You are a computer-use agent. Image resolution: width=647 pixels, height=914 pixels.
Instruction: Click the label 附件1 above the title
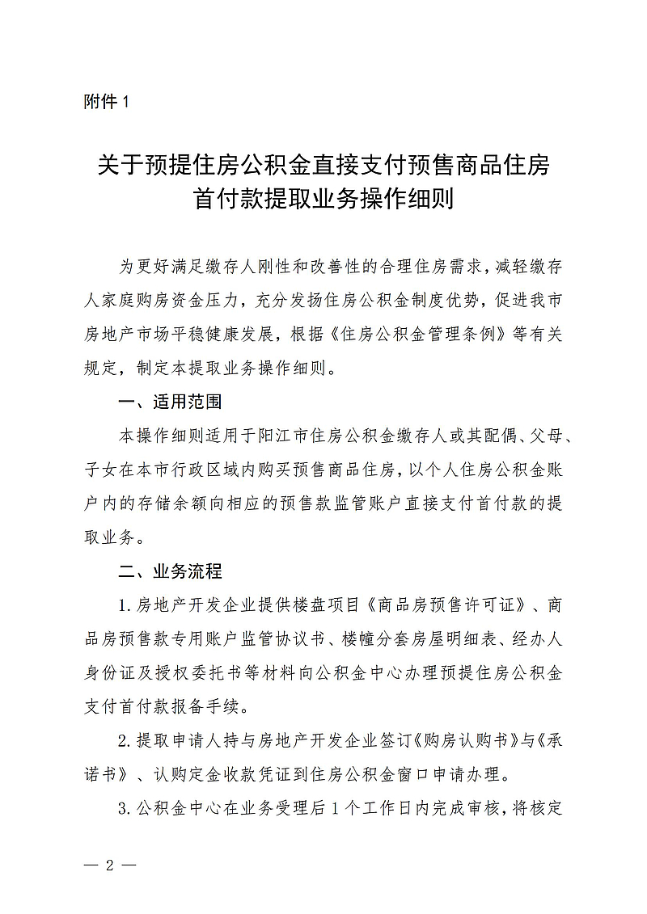tap(106, 102)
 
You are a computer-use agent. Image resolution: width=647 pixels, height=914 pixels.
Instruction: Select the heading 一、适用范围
tap(170, 402)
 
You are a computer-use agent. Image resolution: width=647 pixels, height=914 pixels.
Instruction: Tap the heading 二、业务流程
tap(170, 571)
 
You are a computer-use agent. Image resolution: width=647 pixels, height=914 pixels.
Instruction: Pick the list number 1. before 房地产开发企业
tap(125, 605)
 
